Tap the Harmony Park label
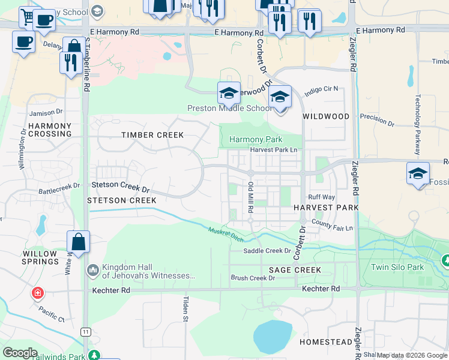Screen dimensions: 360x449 tap(256, 139)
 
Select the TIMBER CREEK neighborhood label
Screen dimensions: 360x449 tap(152, 135)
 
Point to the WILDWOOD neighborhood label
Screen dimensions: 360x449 tap(326, 116)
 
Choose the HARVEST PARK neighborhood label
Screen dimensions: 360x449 tap(326, 207)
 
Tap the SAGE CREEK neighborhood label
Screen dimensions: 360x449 tap(295, 270)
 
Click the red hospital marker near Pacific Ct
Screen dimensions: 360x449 tap(37, 293)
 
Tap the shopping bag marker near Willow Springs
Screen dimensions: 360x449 tap(78, 242)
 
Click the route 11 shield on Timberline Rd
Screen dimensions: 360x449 tap(86, 331)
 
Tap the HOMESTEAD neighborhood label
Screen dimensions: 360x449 tap(326, 341)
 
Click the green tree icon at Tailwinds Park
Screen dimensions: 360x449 tap(94, 355)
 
